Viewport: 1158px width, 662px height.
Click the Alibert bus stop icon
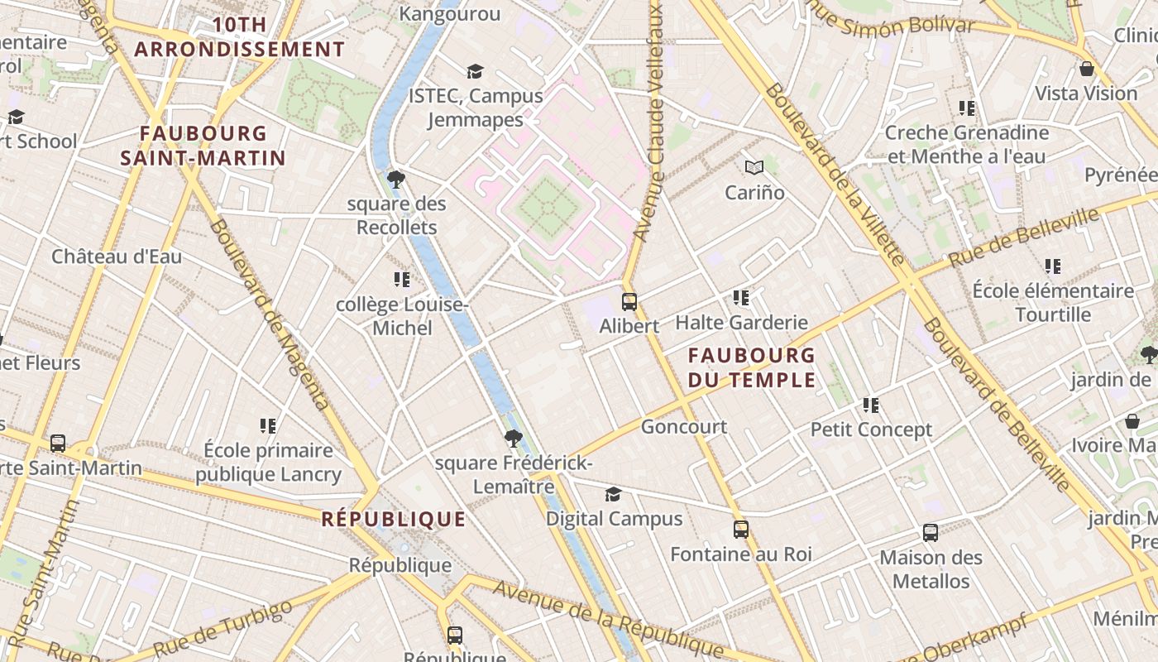point(629,301)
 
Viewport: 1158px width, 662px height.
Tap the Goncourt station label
point(684,427)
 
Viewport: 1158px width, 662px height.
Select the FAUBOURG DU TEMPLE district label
point(752,367)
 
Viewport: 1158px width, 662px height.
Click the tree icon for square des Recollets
point(396,179)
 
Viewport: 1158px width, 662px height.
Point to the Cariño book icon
point(754,168)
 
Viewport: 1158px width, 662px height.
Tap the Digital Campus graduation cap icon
point(613,494)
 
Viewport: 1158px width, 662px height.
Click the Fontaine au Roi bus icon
point(741,530)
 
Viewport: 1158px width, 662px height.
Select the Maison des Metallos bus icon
point(931,533)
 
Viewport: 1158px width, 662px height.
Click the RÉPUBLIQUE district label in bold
point(394,520)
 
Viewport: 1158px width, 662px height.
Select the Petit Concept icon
point(871,405)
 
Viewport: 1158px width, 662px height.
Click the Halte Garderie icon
point(741,297)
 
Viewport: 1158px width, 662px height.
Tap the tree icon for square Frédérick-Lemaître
point(514,439)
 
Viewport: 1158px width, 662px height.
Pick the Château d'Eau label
point(117,257)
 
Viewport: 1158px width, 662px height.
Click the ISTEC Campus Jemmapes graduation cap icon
point(475,71)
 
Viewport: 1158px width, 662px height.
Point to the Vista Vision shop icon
point(1086,69)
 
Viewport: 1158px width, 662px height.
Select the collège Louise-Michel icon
point(402,280)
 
